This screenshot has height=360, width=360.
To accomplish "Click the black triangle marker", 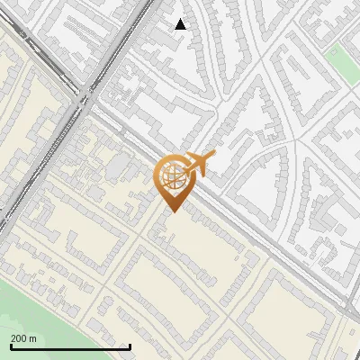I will pos(181,24).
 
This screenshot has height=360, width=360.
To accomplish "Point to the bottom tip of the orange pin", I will pos(173,213).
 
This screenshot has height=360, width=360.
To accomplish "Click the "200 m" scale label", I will pos(23,338).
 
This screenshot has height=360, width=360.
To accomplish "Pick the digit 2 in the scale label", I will pos(13,338).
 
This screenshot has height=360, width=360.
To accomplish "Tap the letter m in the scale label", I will pos(32,338).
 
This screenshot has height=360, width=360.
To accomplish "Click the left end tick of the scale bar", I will pos(11,346).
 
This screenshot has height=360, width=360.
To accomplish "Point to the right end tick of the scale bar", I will pos(130,346).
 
